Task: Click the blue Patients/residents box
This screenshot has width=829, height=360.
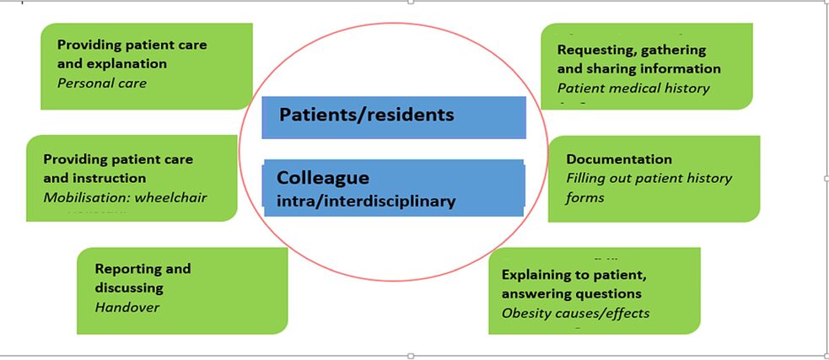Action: [x=394, y=117]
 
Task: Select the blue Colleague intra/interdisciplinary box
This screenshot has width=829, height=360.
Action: [x=394, y=188]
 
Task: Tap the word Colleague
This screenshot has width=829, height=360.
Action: [x=323, y=179]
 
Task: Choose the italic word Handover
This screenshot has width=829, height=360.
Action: [x=127, y=307]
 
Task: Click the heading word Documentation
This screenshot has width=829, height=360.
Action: [x=619, y=159]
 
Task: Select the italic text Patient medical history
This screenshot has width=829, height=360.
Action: [x=633, y=88]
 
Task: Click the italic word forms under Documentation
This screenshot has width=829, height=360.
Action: [x=585, y=198]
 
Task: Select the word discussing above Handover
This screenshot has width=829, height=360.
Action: [x=129, y=287]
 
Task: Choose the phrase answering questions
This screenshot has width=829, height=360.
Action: [x=571, y=293]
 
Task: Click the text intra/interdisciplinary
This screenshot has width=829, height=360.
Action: [x=366, y=201]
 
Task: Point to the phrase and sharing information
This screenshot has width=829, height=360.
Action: [x=638, y=68]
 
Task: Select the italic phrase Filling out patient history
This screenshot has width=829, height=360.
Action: [x=649, y=178]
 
